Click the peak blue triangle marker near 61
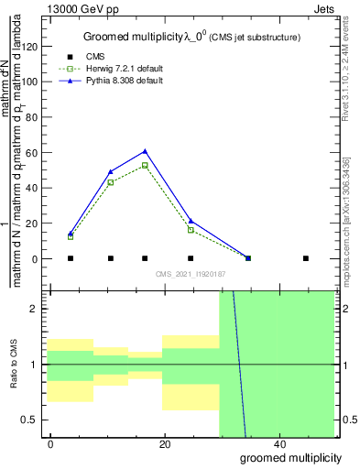click(145, 151)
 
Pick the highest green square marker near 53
click(145, 165)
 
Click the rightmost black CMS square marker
click(306, 258)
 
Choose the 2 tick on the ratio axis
click(39, 309)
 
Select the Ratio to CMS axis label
click(15, 364)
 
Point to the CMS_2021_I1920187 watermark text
click(191, 274)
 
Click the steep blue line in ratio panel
click(240, 366)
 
